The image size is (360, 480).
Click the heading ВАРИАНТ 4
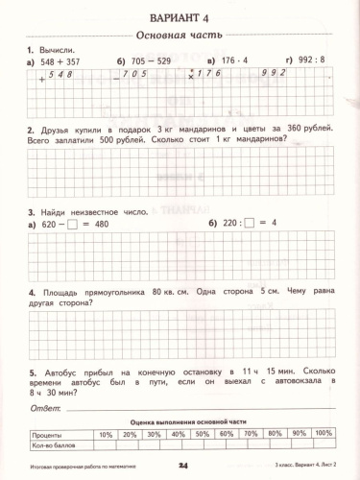[180, 20]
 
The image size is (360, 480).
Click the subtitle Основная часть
[180, 36]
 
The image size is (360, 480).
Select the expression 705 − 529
[150, 60]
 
